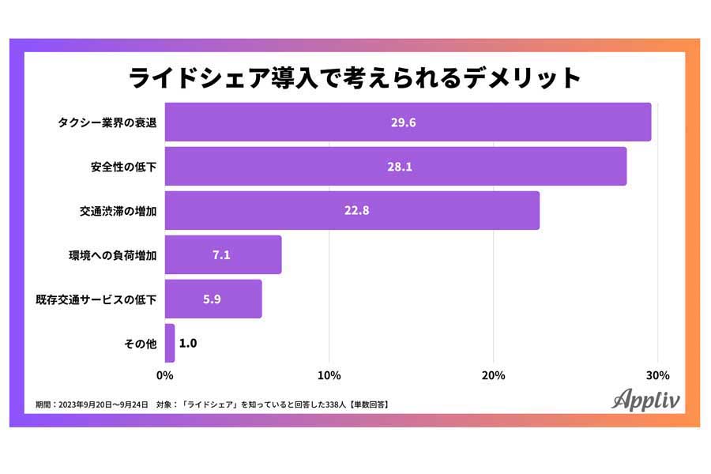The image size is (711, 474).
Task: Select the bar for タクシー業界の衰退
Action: [x=408, y=122]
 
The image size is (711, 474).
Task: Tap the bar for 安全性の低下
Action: [x=395, y=167]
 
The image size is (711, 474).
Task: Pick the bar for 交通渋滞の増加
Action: [x=352, y=211]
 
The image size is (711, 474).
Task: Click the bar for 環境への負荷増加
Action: [x=223, y=255]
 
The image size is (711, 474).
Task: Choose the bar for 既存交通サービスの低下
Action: [x=213, y=299]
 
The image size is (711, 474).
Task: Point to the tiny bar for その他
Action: [x=170, y=343]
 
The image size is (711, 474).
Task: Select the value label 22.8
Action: [x=352, y=211]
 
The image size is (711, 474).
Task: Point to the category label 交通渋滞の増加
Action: [x=118, y=211]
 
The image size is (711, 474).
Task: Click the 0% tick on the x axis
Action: [x=165, y=374]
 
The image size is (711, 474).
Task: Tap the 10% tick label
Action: [x=329, y=374]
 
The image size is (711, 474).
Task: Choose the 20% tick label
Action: [x=493, y=374]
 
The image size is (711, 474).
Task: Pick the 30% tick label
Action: [x=657, y=374]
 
